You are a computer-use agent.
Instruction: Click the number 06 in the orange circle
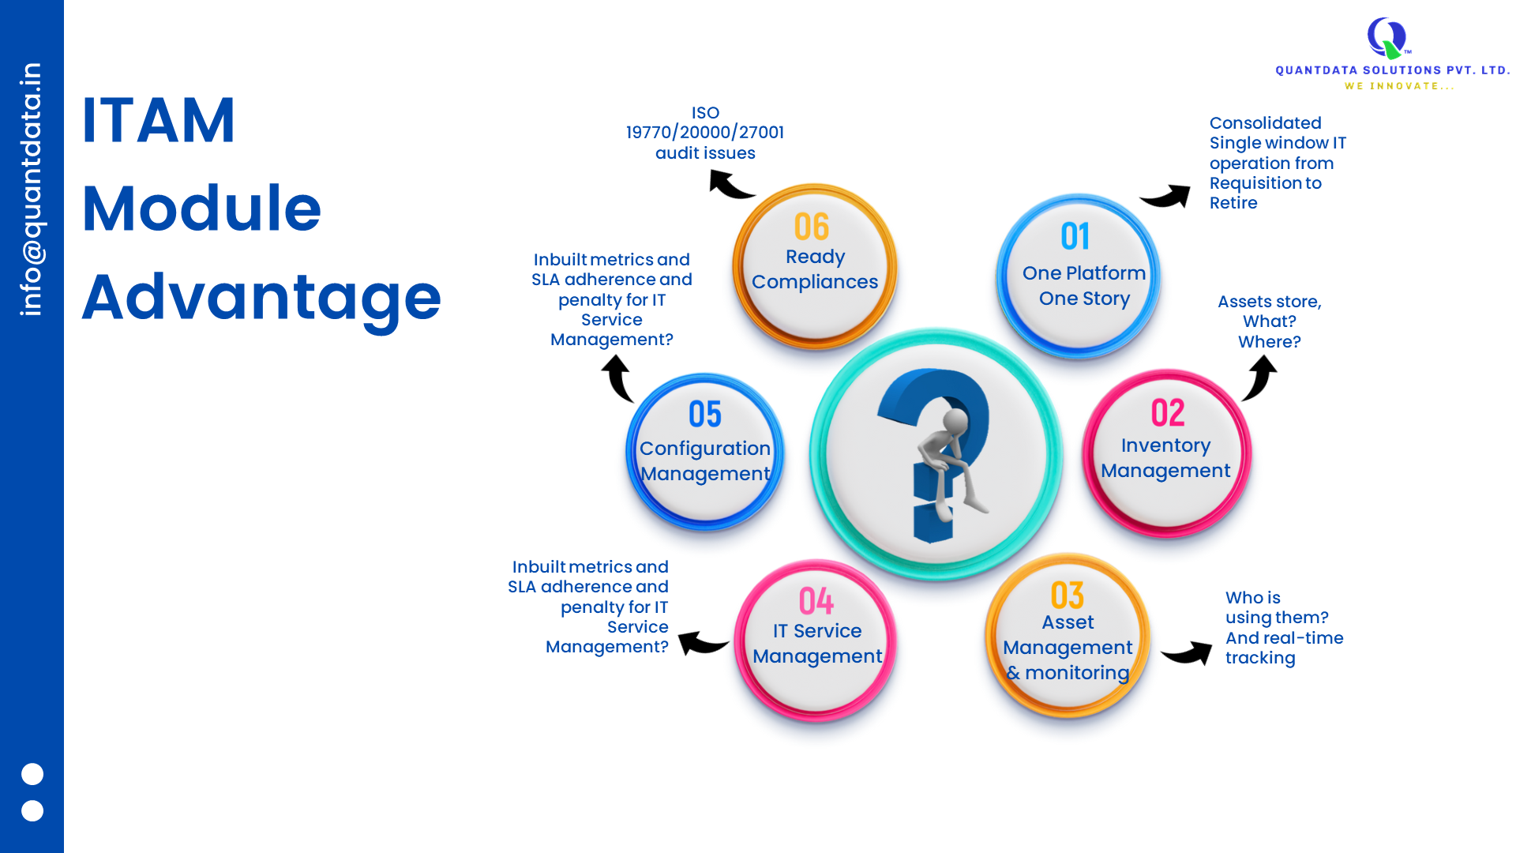(x=812, y=227)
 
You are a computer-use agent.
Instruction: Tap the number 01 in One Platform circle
(x=1075, y=236)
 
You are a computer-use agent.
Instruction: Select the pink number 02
(x=1168, y=412)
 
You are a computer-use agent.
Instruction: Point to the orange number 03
(x=1068, y=596)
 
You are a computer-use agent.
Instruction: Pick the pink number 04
(x=816, y=601)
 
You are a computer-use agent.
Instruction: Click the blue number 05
(x=705, y=414)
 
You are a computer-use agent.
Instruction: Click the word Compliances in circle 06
(x=815, y=282)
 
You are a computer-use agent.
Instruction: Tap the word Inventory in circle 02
(x=1165, y=445)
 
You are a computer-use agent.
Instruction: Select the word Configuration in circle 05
(x=705, y=449)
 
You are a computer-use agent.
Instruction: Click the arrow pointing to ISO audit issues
(x=730, y=186)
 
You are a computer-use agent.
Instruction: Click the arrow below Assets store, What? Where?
(x=1261, y=378)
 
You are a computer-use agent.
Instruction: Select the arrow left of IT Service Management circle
(x=702, y=643)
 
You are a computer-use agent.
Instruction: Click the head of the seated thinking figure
(x=955, y=420)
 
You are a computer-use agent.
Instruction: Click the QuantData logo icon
(x=1387, y=38)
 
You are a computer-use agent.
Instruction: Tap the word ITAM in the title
(x=159, y=121)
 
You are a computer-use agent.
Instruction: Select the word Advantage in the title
(x=261, y=298)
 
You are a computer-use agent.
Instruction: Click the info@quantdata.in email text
(x=32, y=190)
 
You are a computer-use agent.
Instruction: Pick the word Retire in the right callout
(x=1233, y=203)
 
